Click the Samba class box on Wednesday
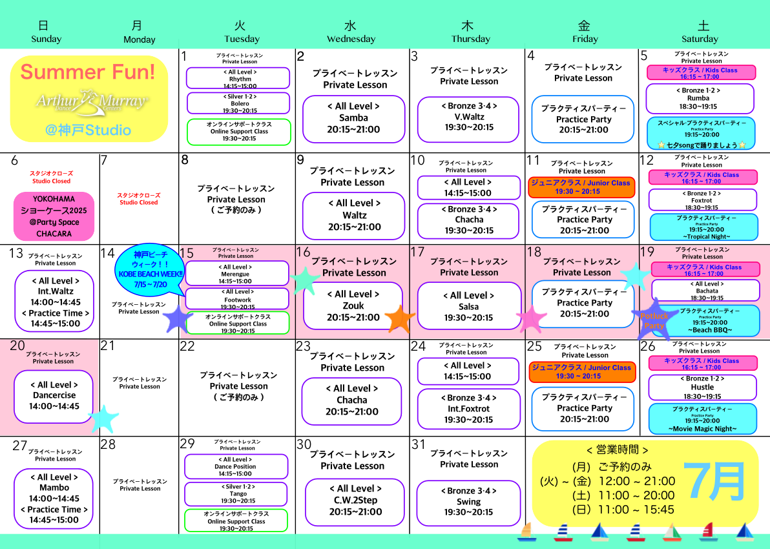point(353,118)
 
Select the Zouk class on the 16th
point(353,306)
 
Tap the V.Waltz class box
point(468,116)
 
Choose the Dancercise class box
point(54,396)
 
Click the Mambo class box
point(54,498)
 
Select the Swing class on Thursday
point(468,502)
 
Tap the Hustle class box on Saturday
point(702,388)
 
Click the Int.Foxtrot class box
point(468,409)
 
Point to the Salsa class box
point(468,306)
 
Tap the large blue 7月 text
point(714,481)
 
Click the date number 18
point(534,253)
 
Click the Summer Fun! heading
point(88,72)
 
